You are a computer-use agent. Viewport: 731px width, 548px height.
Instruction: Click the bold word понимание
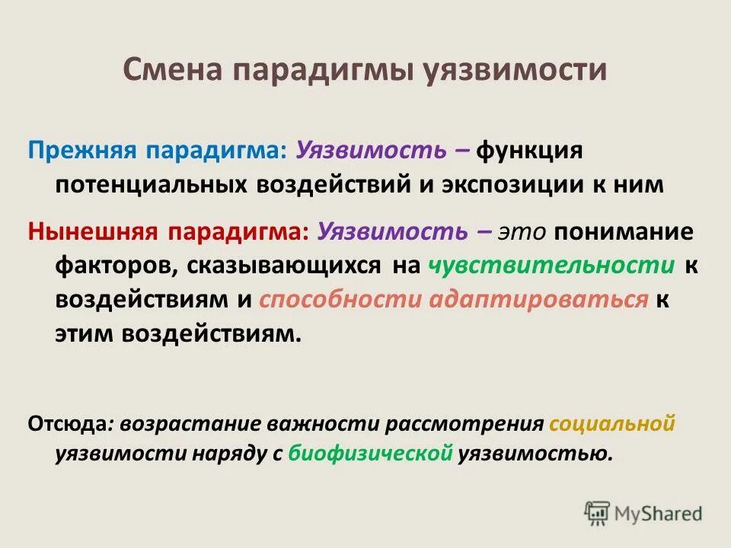tap(624, 231)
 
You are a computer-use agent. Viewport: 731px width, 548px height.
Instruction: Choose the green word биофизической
tap(372, 454)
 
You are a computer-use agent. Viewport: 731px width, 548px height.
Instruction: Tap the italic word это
tap(522, 231)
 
